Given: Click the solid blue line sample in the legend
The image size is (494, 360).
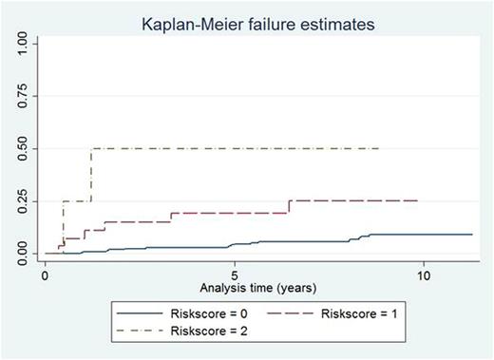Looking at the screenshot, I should pos(140,312).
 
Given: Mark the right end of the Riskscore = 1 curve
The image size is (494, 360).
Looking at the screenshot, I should pos(417,200).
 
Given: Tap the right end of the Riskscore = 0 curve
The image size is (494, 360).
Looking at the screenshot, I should pos(472,234).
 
